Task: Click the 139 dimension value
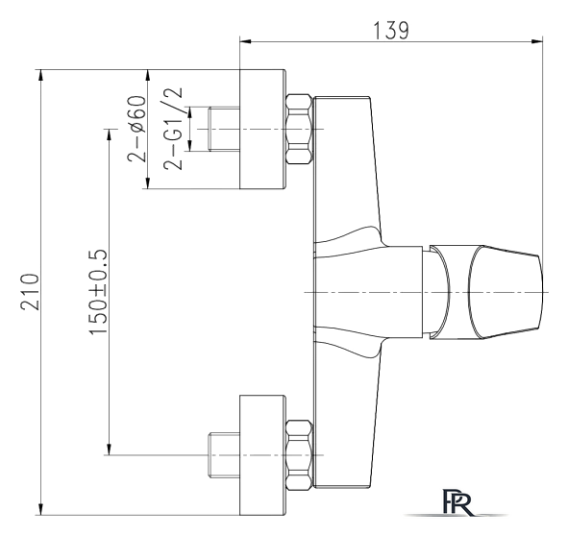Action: [x=391, y=31]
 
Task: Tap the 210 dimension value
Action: [x=30, y=292]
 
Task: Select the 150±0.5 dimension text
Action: [x=98, y=292]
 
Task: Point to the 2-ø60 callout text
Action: [x=136, y=129]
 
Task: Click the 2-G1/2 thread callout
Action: [x=173, y=129]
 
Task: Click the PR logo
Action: [x=457, y=502]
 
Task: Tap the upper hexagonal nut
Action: [x=299, y=130]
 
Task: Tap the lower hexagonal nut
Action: [x=299, y=455]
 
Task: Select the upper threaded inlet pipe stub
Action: [x=224, y=129]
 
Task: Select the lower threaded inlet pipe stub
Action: [x=224, y=454]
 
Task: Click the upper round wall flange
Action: [x=263, y=130]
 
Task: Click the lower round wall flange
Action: [x=263, y=455]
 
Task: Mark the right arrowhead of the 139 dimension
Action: [x=537, y=41]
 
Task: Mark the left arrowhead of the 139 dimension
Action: [x=246, y=41]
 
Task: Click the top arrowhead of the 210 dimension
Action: [x=41, y=75]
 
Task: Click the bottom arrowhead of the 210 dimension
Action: [x=41, y=509]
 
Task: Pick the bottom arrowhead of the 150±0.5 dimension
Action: [x=108, y=449]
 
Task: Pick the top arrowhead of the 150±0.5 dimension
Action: [x=108, y=135]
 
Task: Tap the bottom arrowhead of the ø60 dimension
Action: [x=147, y=182]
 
